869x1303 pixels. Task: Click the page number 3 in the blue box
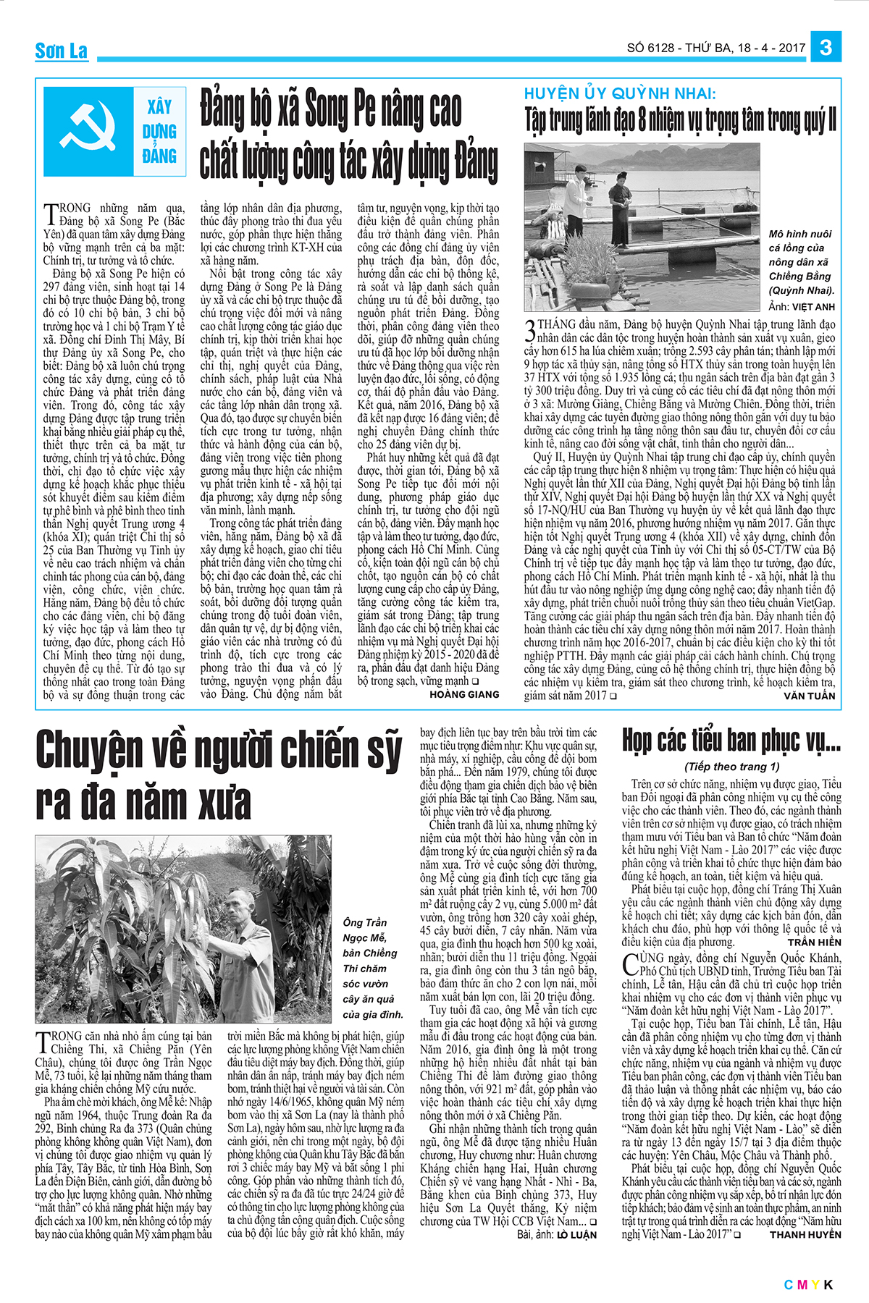tap(826, 48)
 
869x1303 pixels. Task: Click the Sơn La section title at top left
tap(62, 51)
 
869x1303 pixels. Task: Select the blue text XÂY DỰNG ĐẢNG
tap(159, 132)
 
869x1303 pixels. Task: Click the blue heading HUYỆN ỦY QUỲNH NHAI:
tap(620, 94)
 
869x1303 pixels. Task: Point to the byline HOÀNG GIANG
tap(464, 694)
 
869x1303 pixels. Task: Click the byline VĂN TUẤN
tap(809, 696)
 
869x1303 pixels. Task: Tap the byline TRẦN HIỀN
tap(814, 942)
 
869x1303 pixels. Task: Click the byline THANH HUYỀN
tap(805, 1234)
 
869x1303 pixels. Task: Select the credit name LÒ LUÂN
tap(576, 1234)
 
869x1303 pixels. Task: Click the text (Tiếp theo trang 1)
tap(731, 767)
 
